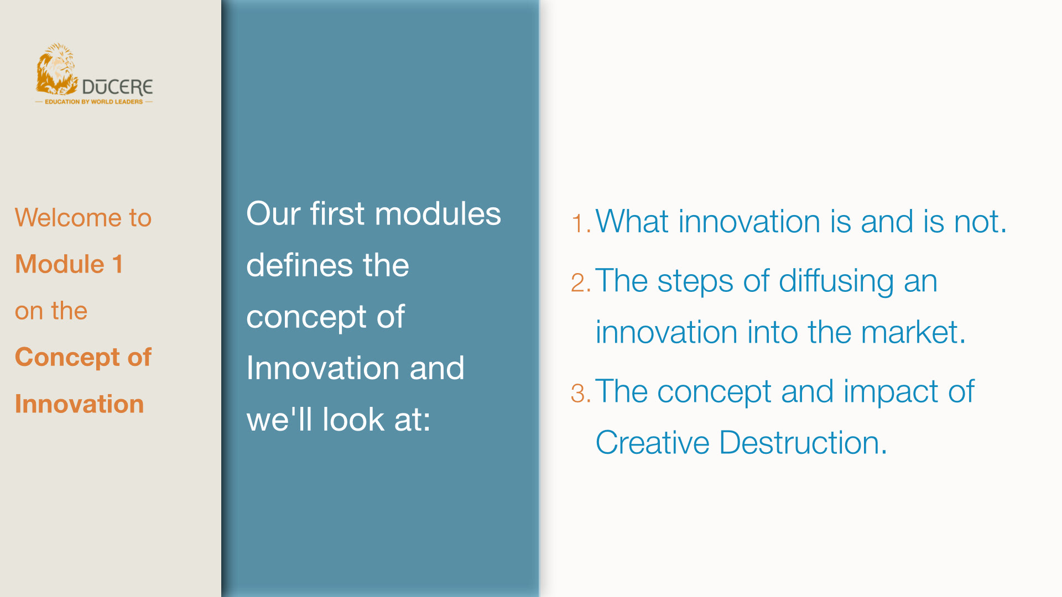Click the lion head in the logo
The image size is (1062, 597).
pos(56,69)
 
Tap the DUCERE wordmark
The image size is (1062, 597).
pos(117,87)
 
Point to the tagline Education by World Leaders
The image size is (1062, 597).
pos(93,102)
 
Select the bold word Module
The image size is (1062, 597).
pos(60,264)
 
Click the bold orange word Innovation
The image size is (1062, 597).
pos(80,404)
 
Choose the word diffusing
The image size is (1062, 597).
pos(836,281)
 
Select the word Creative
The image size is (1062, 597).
pos(652,443)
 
